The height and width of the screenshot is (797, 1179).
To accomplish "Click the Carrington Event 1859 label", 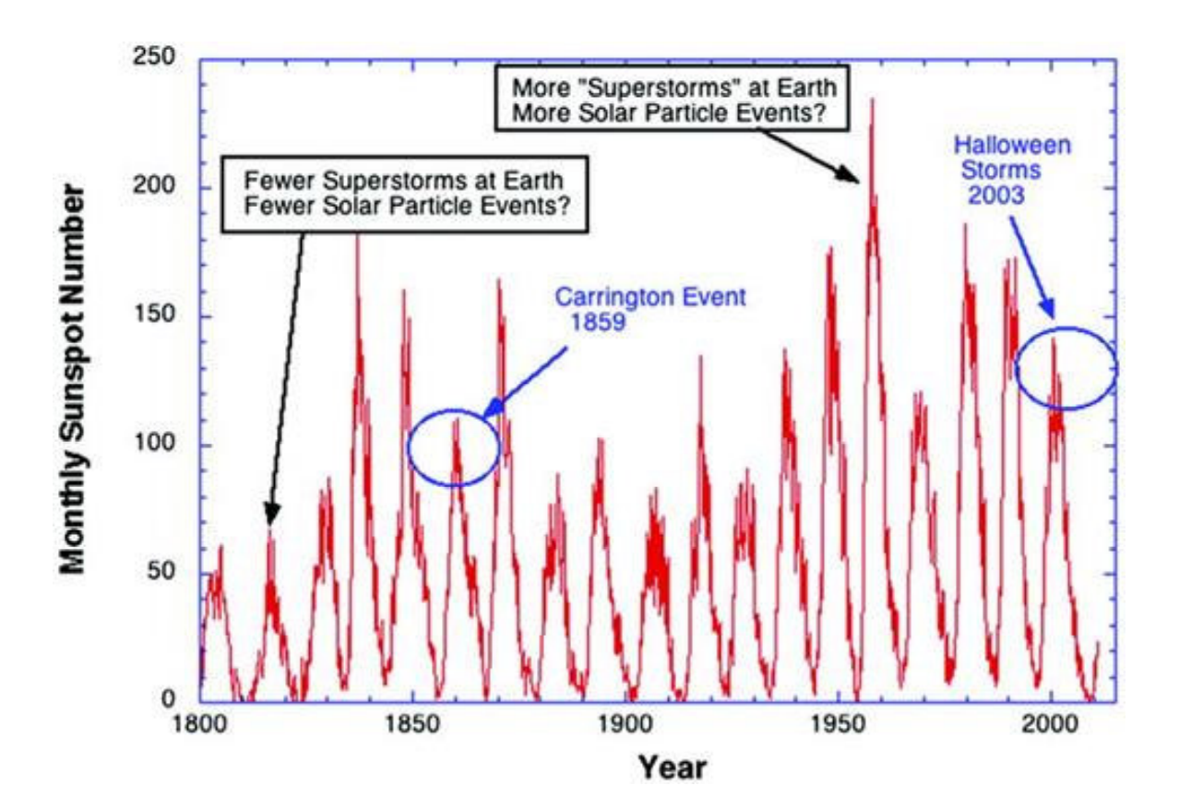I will click(x=649, y=310).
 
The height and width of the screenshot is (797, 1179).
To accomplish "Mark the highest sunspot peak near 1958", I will click(x=872, y=100).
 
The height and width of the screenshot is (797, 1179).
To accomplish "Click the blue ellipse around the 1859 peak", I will click(x=454, y=448).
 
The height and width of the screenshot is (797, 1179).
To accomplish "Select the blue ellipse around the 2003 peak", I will click(x=1066, y=368).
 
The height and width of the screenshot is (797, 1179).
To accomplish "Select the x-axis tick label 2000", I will click(x=1052, y=724).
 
